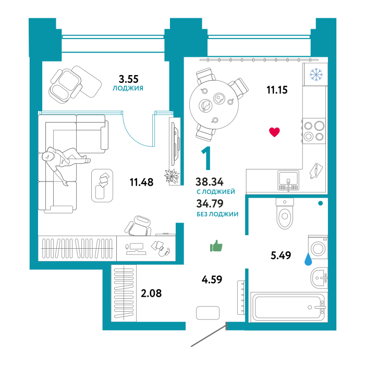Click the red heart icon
tap(274, 132)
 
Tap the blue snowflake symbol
tap(316, 75)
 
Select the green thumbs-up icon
tap(216, 246)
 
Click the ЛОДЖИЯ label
tap(128, 89)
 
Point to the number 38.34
tap(209, 182)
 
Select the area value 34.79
tap(209, 204)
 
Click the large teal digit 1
tap(207, 159)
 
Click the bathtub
tap(288, 307)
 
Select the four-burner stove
tap(314, 131)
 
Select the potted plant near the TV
tap(171, 176)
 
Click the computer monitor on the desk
tap(136, 247)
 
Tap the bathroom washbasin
tap(319, 278)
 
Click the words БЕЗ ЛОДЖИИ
tap(217, 214)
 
